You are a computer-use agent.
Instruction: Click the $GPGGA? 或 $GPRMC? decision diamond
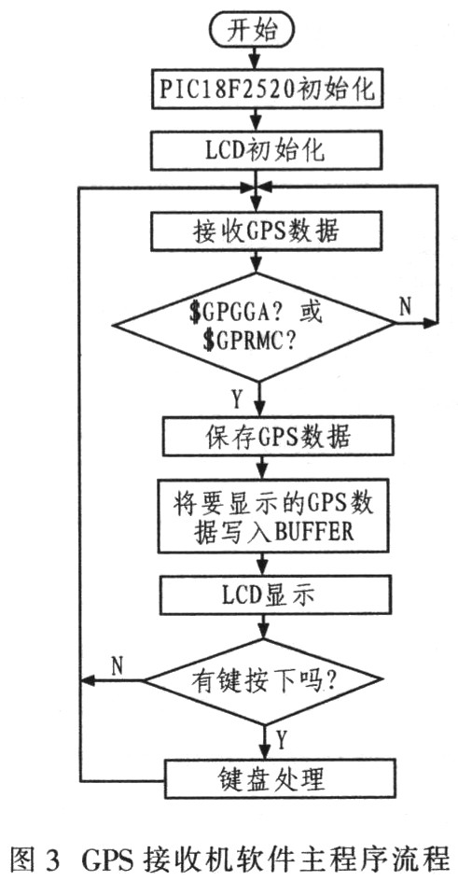[255, 326]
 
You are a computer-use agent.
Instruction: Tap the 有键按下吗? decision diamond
[260, 681]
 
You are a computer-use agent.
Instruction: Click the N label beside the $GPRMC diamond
[407, 307]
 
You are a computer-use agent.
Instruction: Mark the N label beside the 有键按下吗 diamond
[118, 664]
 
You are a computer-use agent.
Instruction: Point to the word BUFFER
[313, 532]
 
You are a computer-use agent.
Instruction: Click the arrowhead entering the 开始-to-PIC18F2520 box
[255, 63]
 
